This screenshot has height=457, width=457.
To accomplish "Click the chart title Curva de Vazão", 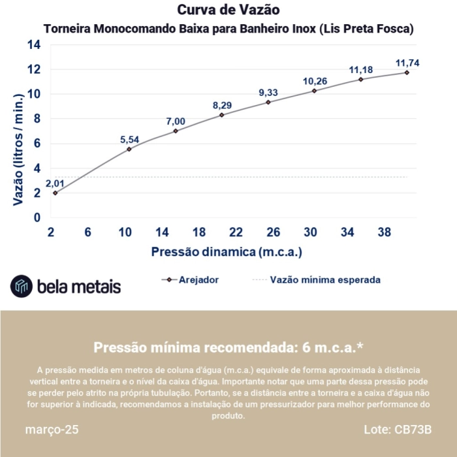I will click(x=228, y=10).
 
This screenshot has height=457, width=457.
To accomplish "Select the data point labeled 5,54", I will click(x=129, y=149).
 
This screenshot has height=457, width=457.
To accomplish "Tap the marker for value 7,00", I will click(x=176, y=131).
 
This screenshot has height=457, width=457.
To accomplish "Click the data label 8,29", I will click(x=222, y=104).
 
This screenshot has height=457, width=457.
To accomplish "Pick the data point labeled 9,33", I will click(x=268, y=102).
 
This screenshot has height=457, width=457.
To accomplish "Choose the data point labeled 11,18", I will click(x=360, y=80).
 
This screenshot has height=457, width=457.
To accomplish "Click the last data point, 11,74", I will click(x=407, y=72).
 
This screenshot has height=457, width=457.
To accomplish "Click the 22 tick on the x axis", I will click(x=236, y=232).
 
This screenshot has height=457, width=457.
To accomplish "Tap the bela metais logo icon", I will click(x=22, y=285).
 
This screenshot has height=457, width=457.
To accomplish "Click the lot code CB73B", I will click(x=413, y=430).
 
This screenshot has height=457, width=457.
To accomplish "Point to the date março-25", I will click(x=52, y=430).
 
